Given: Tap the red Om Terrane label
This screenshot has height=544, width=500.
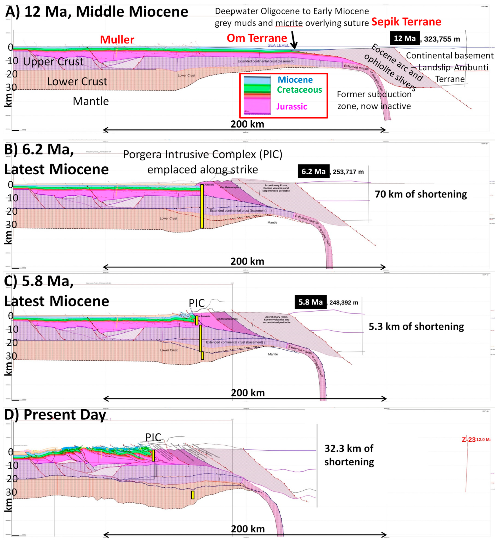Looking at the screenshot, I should tap(257, 38).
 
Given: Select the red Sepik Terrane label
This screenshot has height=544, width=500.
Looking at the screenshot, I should tap(406, 22).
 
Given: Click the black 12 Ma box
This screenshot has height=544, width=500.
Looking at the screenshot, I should tap(405, 38).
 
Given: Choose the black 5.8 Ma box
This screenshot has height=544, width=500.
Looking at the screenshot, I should tap(310, 302).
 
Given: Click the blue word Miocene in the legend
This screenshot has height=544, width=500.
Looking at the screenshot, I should tap(295, 80).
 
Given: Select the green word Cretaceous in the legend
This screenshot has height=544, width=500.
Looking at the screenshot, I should tap(299, 90).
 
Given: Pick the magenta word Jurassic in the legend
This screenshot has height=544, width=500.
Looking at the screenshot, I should tap(291, 107).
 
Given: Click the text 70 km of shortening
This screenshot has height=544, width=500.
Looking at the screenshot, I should tap(421, 194).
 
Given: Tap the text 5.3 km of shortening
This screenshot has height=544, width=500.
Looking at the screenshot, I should tap(416, 326).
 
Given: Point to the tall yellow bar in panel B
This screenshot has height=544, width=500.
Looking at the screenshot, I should tap(202, 206).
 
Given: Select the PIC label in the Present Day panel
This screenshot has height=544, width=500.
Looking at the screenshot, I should tap(153, 437).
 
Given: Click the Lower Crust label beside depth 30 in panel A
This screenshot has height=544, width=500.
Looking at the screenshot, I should tap(77, 82).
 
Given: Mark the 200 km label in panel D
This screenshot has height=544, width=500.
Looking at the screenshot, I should tap(248, 529).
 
